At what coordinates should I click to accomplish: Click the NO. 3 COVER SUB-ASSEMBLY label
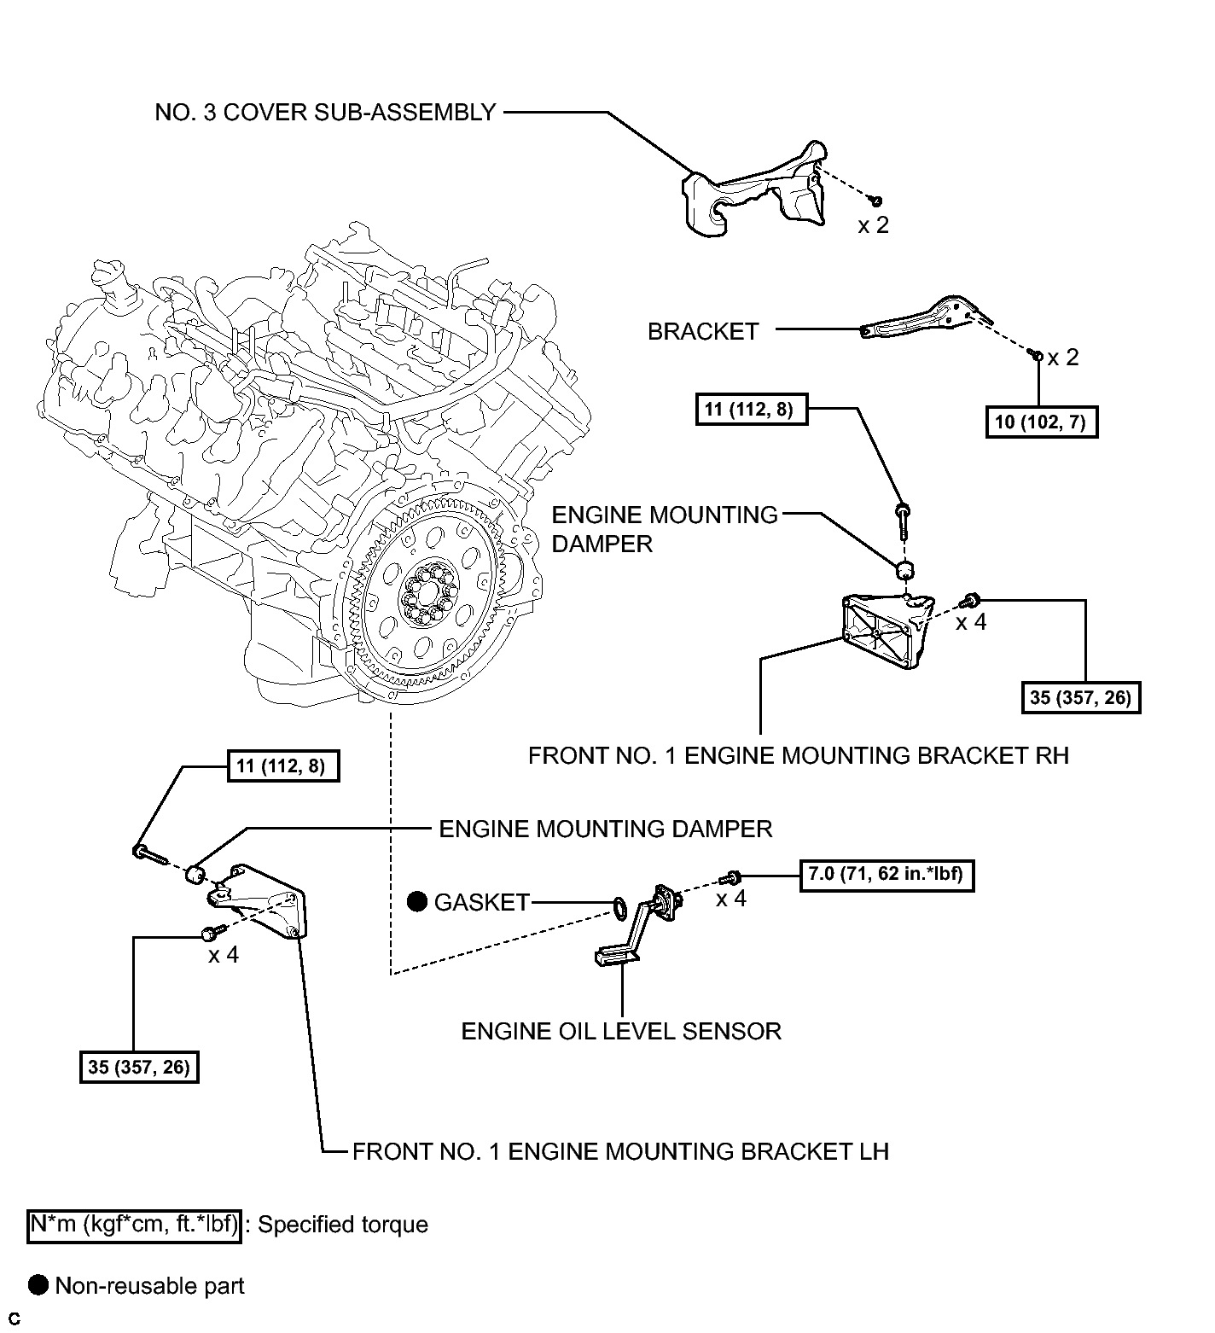coord(325,113)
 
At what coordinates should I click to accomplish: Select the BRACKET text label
coord(703,331)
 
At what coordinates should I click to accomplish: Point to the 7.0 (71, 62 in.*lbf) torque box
coord(887,875)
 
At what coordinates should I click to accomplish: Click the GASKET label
coord(482,902)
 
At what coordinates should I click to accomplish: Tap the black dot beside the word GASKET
coord(417,901)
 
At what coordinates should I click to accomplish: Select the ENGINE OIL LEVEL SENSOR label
coord(621,1031)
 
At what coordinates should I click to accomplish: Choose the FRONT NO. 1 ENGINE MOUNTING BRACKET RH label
coord(798,755)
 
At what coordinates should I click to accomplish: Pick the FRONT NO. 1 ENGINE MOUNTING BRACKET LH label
coord(620,1151)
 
